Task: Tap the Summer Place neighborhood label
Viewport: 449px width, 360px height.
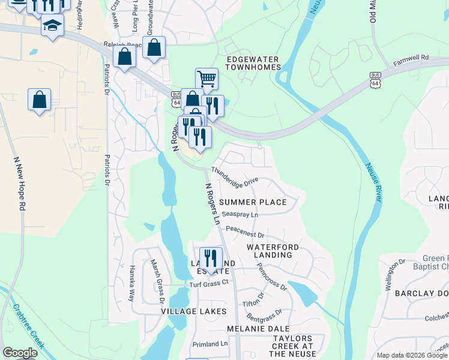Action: [253, 202]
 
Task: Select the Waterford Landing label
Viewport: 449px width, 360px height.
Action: [269, 251]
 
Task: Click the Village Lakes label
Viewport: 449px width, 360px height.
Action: [193, 311]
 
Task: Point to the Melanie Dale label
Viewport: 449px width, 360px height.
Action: [250, 329]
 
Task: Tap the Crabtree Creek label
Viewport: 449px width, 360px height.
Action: [28, 326]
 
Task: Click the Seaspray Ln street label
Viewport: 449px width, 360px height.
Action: [240, 214]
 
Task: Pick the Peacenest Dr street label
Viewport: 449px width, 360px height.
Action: [245, 232]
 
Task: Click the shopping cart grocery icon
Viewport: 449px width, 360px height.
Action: [206, 78]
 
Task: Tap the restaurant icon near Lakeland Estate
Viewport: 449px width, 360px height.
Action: [210, 258]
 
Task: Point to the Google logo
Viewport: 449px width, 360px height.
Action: [20, 353]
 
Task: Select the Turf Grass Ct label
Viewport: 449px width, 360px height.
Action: [209, 283]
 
